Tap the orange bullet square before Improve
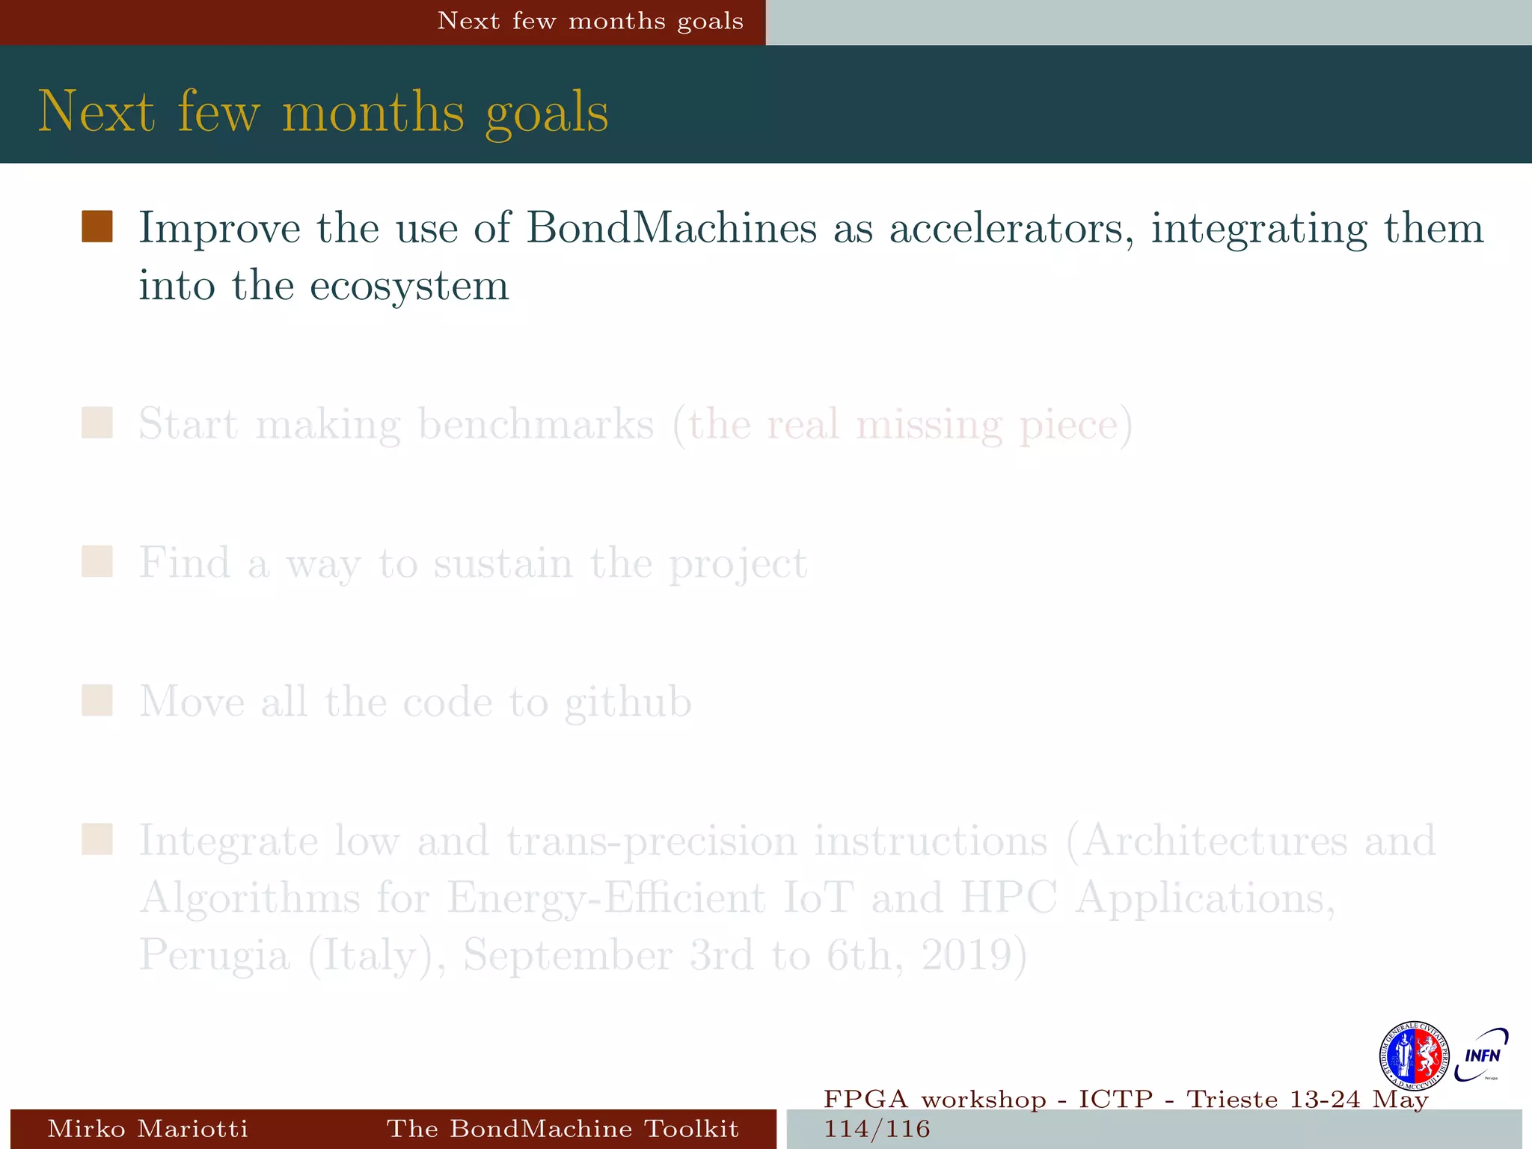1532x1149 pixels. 97,227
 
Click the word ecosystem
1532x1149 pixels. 409,286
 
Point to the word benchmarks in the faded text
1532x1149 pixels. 536,424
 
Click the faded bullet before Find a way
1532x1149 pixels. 97,562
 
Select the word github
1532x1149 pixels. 628,702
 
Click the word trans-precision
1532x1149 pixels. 652,841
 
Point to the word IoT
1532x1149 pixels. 818,898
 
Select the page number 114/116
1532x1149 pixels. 877,1129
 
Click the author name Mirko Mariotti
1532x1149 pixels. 147,1129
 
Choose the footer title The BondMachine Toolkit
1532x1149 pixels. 563,1129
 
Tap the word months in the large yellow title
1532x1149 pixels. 373,112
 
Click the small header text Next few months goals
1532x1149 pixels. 590,21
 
